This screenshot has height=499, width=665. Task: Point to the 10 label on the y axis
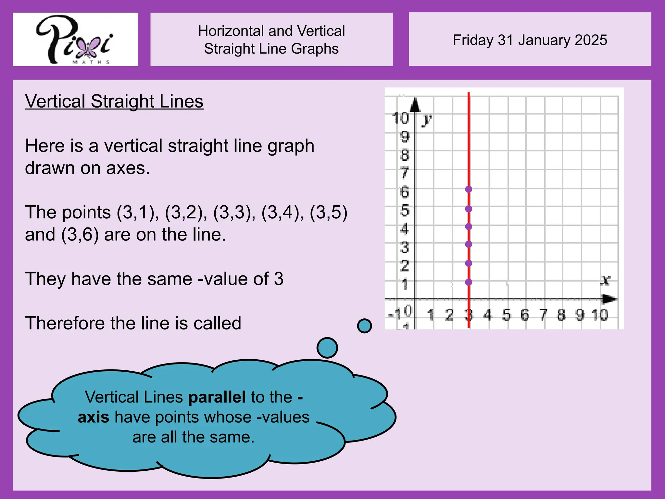[400, 118]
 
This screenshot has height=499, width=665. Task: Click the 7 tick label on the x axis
[543, 315]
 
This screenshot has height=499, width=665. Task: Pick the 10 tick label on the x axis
[600, 315]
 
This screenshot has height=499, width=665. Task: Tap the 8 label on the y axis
[405, 155]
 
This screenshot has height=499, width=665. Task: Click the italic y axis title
[427, 120]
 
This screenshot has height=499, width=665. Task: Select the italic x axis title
[605, 280]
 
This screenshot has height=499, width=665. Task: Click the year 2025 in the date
[591, 40]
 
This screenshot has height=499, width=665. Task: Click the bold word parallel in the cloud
[217, 397]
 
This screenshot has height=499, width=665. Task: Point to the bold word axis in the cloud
[94, 417]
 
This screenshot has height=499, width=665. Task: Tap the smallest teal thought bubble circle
[364, 326]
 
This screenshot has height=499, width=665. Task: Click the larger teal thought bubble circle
[327, 348]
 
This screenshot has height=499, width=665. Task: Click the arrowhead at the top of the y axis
[415, 105]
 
